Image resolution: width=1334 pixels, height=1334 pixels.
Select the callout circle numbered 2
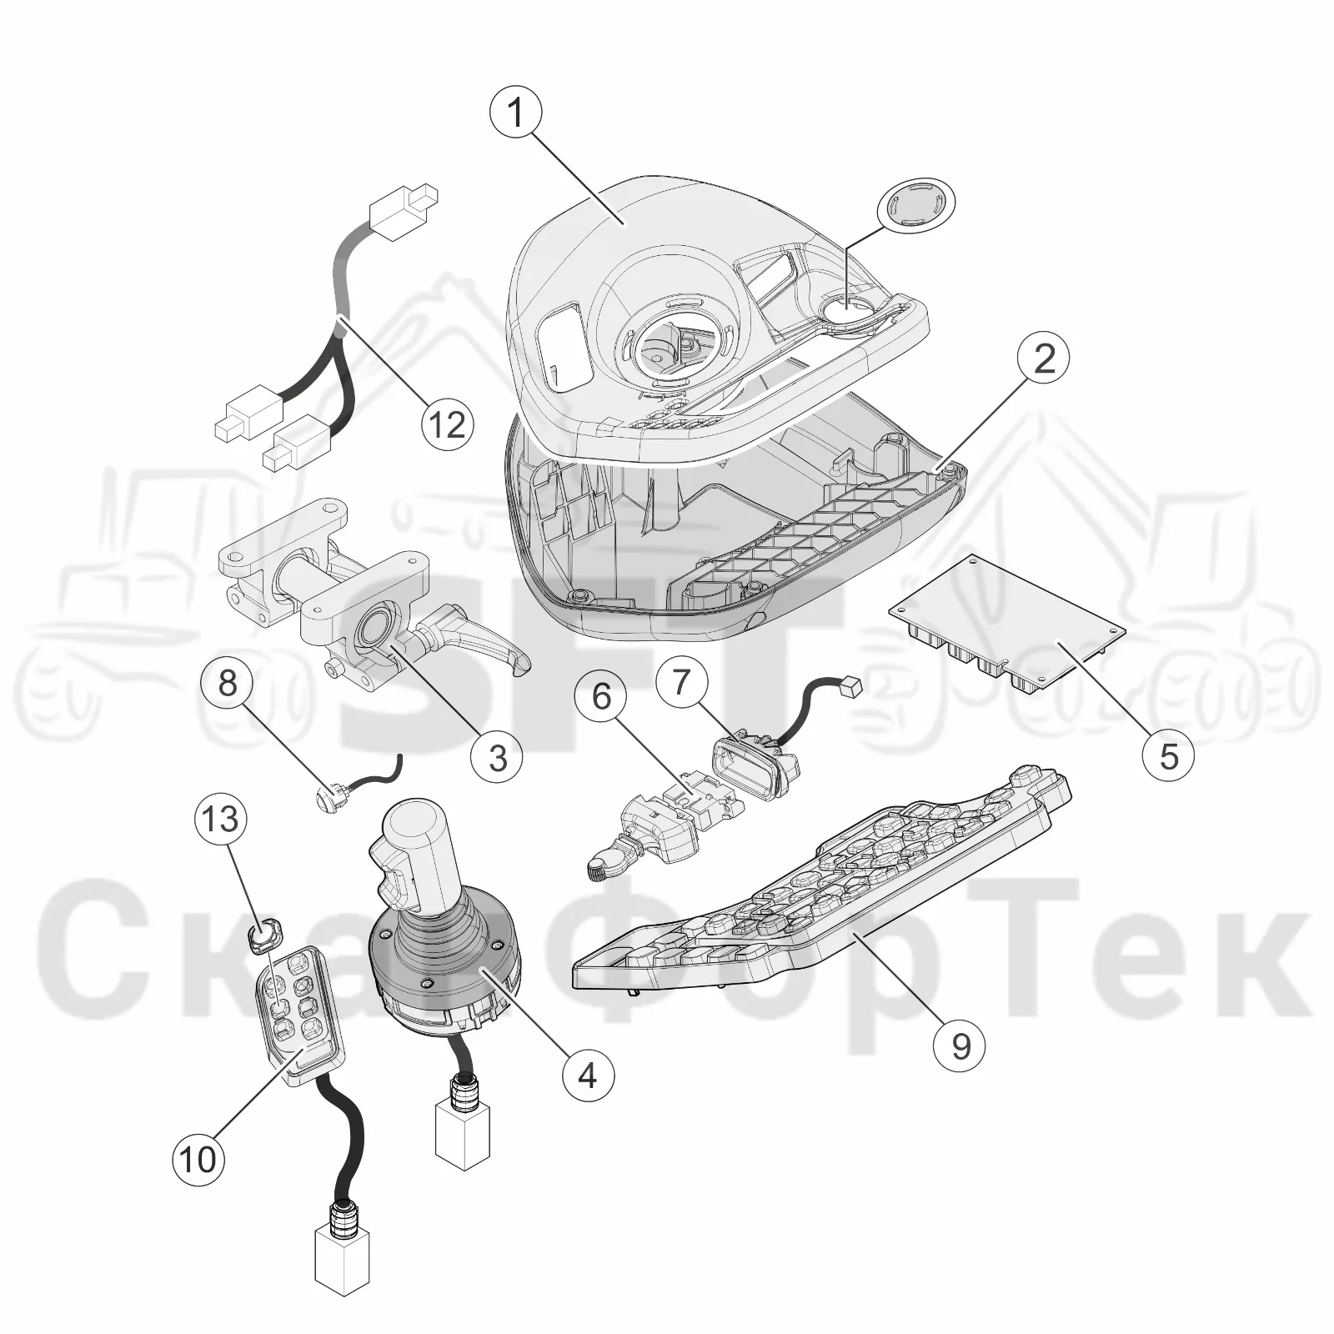[1043, 359]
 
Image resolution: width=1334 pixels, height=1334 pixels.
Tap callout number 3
[497, 757]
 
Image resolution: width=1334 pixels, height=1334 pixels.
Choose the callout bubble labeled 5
[1169, 755]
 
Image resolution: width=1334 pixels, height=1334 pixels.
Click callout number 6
[602, 695]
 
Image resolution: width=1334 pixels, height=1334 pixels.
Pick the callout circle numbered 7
[682, 681]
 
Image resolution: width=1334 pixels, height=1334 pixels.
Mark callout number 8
[228, 684]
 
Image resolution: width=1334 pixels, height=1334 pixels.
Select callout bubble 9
[960, 1046]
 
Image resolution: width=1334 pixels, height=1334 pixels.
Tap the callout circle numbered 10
[198, 1159]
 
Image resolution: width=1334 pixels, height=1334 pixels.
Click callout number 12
[447, 424]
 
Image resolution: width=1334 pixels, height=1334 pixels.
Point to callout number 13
[221, 819]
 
